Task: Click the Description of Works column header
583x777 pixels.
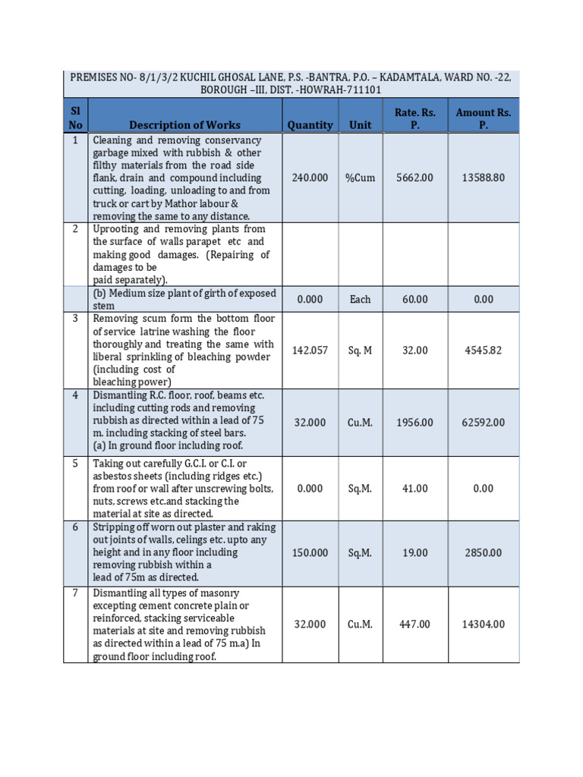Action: (184, 124)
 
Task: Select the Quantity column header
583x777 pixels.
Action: (310, 124)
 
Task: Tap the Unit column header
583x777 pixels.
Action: (360, 124)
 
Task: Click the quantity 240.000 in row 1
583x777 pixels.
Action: (310, 178)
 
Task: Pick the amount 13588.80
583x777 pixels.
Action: (483, 178)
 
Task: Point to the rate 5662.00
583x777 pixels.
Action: (414, 178)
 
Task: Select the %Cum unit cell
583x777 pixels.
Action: (360, 178)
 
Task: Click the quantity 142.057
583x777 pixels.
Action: (310, 351)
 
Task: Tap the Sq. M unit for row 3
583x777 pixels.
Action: (360, 351)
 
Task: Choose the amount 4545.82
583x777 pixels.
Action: (483, 351)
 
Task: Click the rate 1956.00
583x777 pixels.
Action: (414, 422)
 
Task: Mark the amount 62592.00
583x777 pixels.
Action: (483, 422)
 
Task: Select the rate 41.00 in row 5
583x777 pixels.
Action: (414, 489)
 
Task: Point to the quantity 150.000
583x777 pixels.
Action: (310, 552)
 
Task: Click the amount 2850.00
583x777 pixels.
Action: (483, 552)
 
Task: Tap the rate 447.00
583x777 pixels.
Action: (414, 624)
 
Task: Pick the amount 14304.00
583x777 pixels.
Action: (483, 624)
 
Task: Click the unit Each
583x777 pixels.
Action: (360, 300)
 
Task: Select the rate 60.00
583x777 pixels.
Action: (414, 300)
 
